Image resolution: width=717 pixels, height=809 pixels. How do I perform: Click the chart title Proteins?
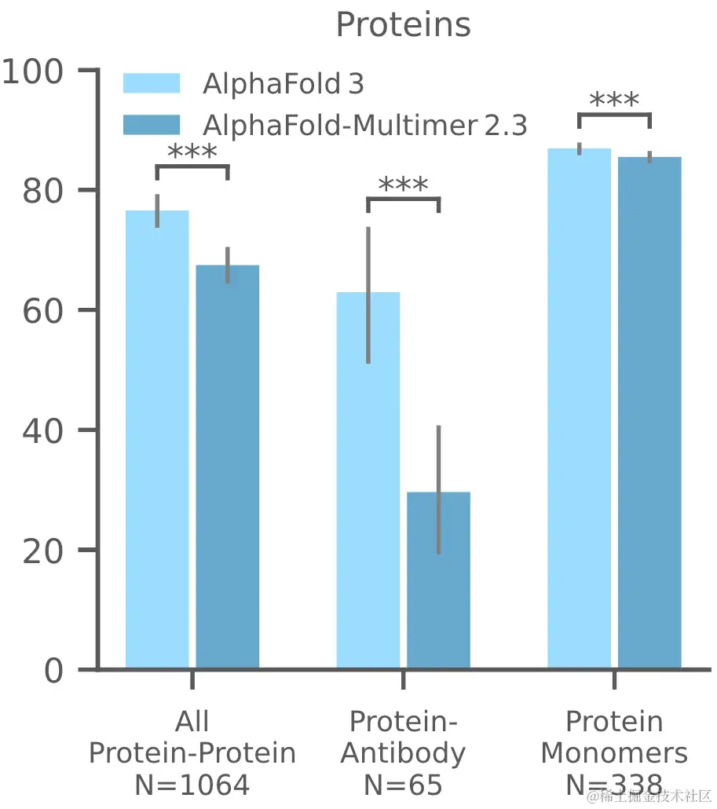[x=403, y=24]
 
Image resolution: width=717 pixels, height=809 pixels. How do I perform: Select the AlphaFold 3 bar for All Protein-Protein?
[x=157, y=440]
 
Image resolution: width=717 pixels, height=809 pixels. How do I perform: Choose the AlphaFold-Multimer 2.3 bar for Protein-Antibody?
[x=438, y=580]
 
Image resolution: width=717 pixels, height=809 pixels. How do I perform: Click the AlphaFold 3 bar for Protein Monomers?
[x=580, y=408]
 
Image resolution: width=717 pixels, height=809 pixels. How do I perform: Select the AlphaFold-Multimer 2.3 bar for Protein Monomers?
[x=649, y=413]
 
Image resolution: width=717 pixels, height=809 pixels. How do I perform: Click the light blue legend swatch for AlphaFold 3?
[x=152, y=83]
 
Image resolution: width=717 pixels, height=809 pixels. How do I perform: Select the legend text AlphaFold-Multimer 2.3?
[x=364, y=125]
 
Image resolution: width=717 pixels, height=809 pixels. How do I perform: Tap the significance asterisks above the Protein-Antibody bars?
[x=403, y=185]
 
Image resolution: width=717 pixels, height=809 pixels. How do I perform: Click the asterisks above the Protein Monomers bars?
[x=614, y=101]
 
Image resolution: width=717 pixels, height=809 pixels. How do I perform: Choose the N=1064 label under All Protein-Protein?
[x=192, y=784]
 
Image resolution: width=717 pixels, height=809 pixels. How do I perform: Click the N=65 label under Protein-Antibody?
[x=403, y=784]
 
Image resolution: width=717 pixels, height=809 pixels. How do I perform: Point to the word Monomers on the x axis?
[x=614, y=753]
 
